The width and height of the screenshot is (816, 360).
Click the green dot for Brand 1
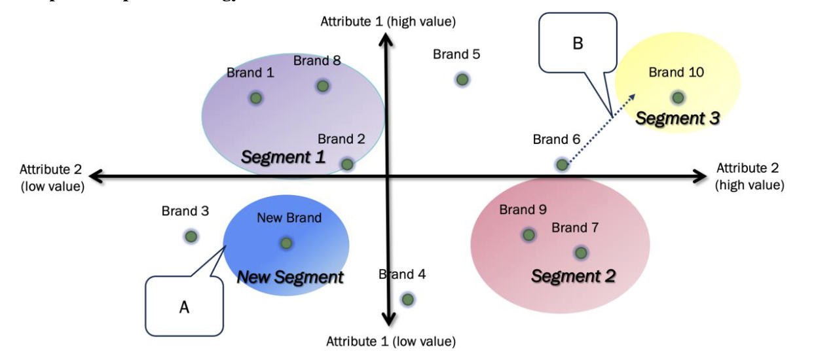(256, 98)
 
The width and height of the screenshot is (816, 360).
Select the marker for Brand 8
(322, 86)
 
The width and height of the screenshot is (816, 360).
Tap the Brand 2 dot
(347, 164)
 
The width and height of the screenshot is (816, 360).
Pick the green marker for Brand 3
(191, 236)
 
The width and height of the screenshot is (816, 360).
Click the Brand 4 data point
(407, 299)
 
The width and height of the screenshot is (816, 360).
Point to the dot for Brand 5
(462, 79)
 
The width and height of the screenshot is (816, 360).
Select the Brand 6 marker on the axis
(562, 164)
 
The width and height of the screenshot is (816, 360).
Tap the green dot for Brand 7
(580, 253)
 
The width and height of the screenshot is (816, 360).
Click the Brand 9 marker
(529, 234)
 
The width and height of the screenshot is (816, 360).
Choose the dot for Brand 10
(678, 98)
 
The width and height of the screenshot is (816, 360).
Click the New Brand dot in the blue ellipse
(286, 243)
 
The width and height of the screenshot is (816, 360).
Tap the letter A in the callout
(184, 307)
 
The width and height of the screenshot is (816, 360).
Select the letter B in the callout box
(577, 44)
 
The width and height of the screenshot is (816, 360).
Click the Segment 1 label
(283, 157)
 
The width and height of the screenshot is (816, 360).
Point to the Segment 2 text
(573, 276)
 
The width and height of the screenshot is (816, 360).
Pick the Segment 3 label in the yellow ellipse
(677, 118)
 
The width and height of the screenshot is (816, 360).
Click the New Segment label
(289, 277)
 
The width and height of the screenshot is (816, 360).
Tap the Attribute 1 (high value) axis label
(388, 22)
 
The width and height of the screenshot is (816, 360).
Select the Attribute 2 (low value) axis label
(52, 177)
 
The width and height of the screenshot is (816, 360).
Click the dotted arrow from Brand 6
(599, 129)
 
